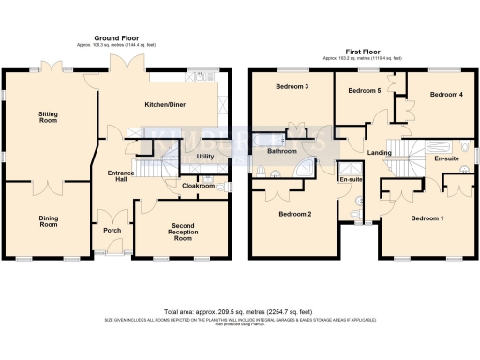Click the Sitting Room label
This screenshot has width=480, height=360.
click(48, 117)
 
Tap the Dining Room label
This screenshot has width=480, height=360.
click(48, 220)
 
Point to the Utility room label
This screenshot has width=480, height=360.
click(205, 157)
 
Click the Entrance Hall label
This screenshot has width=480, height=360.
click(122, 178)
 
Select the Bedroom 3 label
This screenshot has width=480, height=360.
click(292, 87)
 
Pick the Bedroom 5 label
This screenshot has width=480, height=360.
click(364, 91)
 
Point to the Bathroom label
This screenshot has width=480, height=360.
click(282, 151)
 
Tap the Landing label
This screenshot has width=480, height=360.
click(380, 152)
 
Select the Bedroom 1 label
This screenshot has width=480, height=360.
click(427, 218)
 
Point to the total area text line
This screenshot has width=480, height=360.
click(239, 311)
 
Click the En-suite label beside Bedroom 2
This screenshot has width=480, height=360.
click(351, 179)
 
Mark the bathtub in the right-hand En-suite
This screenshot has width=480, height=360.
click(438, 146)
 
